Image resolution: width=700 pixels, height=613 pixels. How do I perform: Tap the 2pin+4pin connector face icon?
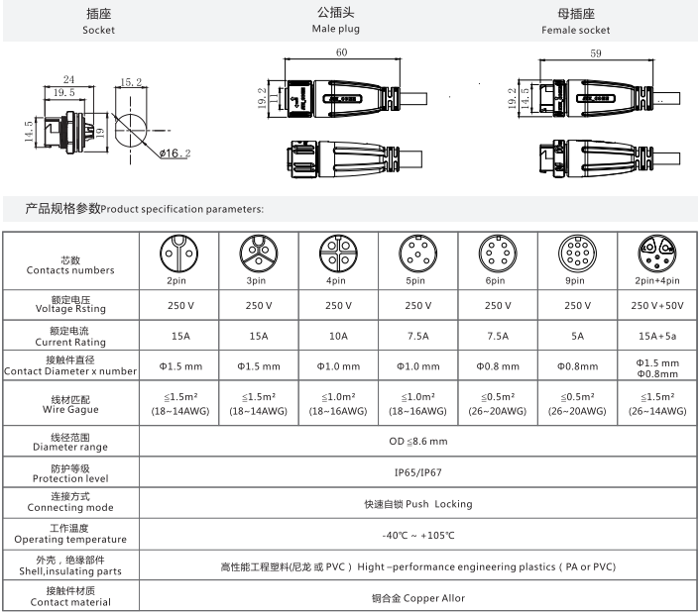pos(656,255)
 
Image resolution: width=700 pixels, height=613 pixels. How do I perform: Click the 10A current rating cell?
pos(338,336)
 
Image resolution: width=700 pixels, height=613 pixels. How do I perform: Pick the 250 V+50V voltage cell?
pos(656,305)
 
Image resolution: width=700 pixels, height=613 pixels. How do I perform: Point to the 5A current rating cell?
pos(577,336)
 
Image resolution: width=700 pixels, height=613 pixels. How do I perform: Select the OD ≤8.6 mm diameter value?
pos(417,441)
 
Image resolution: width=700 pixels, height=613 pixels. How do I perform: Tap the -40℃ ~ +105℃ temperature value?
pos(417,535)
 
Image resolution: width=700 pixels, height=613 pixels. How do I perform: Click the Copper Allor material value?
pos(417,597)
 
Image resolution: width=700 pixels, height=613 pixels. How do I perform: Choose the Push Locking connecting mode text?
pos(417,504)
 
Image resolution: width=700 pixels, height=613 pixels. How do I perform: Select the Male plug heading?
pos(336,30)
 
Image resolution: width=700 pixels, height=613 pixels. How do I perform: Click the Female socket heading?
pos(576,30)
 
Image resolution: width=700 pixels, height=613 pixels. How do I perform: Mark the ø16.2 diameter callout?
pos(175,153)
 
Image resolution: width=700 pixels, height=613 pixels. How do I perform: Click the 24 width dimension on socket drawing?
pos(69,79)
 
